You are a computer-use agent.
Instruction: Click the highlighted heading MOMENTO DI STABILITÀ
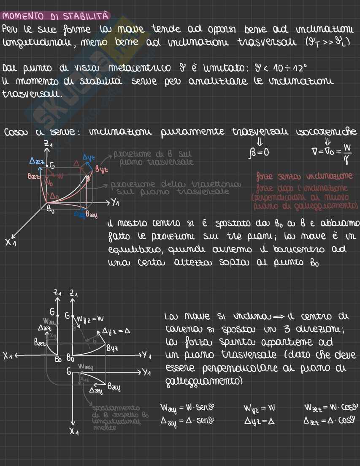(56, 16)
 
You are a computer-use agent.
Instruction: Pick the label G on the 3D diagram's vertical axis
(52, 166)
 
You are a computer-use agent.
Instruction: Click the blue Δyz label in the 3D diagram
(88, 157)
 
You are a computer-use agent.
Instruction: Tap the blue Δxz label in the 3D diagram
(38, 161)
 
